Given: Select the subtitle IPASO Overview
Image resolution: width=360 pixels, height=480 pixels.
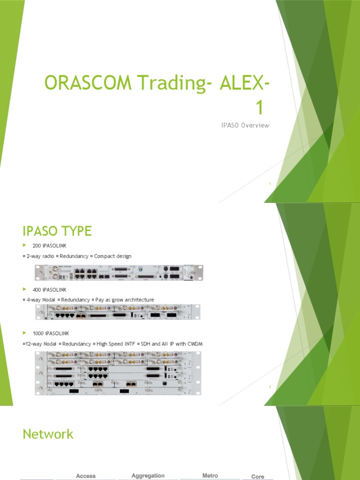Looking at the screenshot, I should pos(245,125).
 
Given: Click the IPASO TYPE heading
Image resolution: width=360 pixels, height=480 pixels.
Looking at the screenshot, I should pos(57,231).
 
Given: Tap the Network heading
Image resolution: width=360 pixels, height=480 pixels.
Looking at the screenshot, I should pos(48,434).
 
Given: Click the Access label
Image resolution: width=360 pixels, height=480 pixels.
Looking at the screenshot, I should pos(86,476).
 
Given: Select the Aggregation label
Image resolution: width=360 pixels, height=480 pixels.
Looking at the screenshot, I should pos(148,476).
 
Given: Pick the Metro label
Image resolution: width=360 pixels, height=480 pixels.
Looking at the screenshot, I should pos(210,476).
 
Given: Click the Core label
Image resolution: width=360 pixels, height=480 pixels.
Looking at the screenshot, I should pos(258,477).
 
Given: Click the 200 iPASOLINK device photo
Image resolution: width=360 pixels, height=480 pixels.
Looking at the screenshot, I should pos(118,272).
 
